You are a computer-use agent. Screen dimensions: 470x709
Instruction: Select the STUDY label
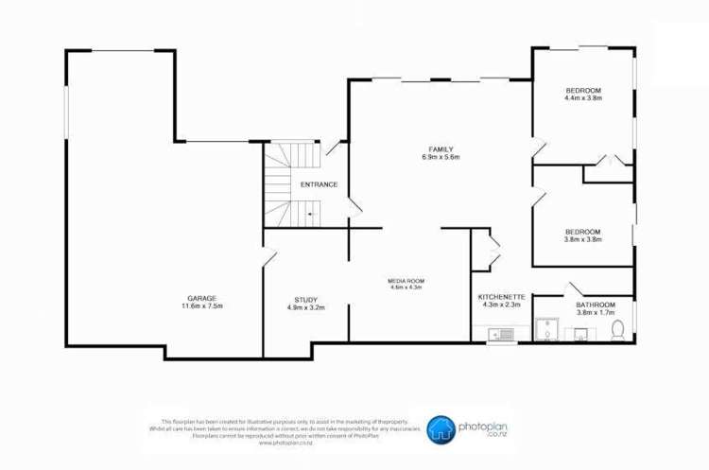pos(306,300)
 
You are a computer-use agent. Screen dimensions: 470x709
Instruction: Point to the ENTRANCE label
pos(319,184)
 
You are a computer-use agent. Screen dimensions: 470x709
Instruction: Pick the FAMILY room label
pos(441,149)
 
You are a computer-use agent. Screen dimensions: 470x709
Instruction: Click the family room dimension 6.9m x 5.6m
pos(441,158)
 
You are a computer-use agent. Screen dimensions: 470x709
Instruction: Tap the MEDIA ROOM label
pos(406,280)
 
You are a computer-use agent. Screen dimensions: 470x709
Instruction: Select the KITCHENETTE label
pos(501,296)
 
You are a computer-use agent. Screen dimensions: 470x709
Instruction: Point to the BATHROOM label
pos(596,305)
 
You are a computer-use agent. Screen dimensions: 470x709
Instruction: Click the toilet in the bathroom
pos(618,330)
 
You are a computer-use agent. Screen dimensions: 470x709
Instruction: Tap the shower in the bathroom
pos(546,330)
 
